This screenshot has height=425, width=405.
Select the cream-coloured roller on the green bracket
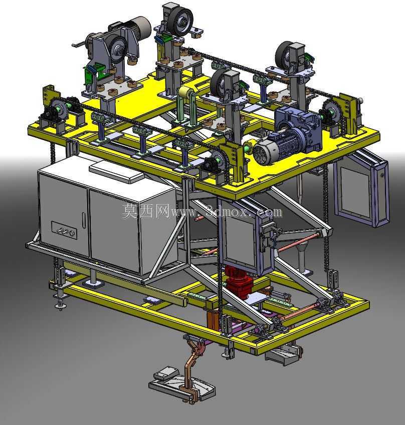point(185,94)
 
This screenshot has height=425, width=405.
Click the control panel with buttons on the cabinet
point(64,230)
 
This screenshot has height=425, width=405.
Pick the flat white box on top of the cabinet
point(117,172)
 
